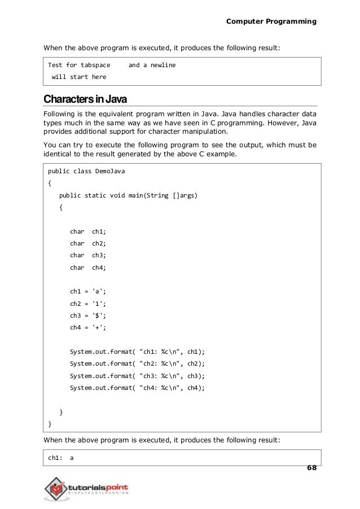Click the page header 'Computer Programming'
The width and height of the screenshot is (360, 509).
tap(271, 21)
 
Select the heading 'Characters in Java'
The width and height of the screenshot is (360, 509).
tap(86, 100)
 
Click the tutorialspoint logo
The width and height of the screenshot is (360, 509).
tap(87, 486)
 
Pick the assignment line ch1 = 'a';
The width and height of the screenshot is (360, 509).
tap(87, 292)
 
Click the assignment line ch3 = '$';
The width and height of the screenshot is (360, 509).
tap(87, 316)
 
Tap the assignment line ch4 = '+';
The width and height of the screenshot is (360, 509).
tap(87, 328)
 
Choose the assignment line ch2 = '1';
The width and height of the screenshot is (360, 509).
tap(87, 304)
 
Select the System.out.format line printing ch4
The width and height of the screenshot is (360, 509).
tap(137, 388)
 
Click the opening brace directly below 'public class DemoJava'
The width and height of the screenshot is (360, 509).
tap(50, 183)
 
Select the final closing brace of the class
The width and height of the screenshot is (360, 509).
tap(50, 424)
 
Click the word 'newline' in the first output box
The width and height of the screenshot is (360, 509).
tap(163, 65)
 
